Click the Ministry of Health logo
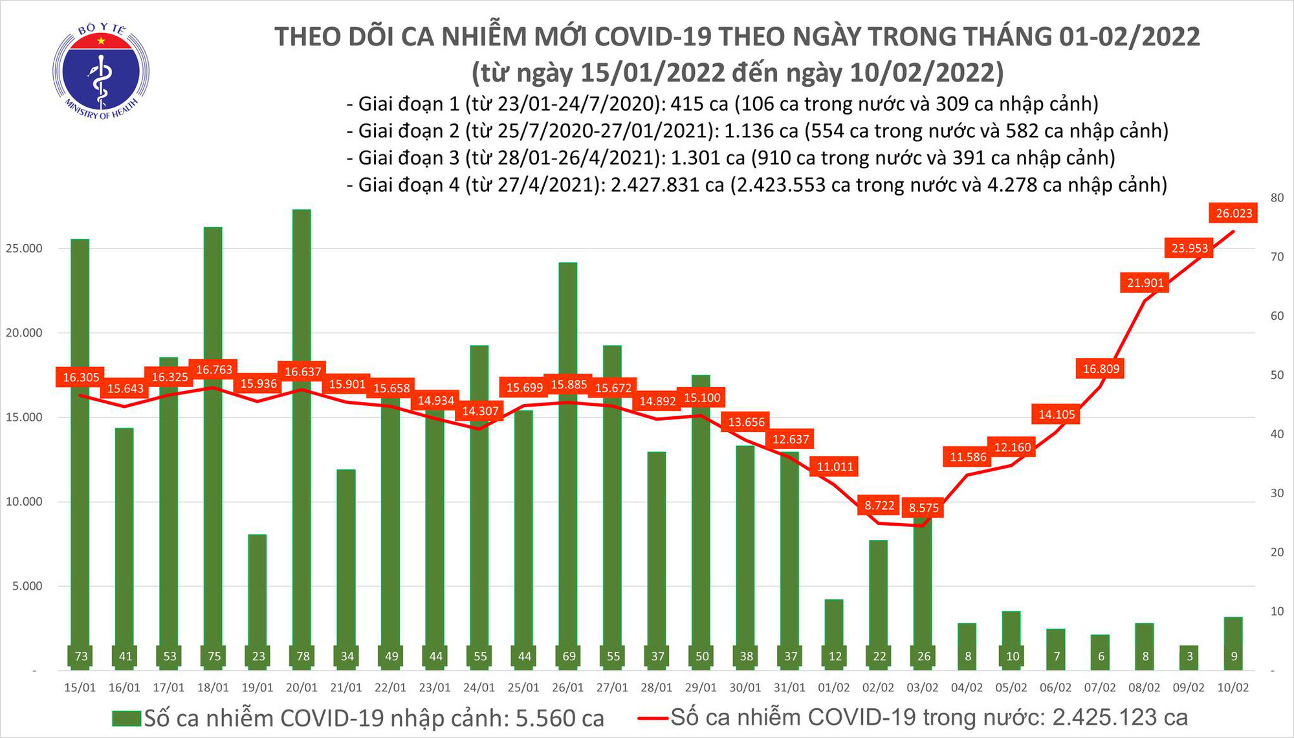point(101,71)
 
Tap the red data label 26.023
point(1233,214)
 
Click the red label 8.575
point(923,508)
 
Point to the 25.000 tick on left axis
point(24,249)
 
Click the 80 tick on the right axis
point(1277,197)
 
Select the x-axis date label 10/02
point(1233,688)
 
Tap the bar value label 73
point(81,656)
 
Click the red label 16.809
point(1101,369)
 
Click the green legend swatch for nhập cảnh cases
point(126,719)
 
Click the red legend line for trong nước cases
point(652,717)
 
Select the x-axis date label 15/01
point(80,688)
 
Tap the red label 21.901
point(1145,283)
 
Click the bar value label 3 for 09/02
point(1189,656)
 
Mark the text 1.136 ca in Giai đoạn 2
point(761,131)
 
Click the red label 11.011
point(835,467)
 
